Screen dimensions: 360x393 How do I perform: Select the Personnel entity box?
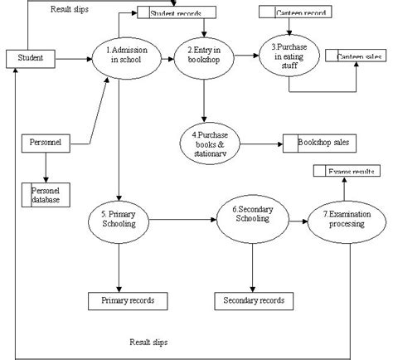(44, 143)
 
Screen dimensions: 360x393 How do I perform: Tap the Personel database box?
(46, 195)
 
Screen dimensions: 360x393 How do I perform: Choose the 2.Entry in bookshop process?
(203, 57)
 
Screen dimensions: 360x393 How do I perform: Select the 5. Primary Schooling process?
(121, 220)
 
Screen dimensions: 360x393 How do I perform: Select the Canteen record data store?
(294, 12)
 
